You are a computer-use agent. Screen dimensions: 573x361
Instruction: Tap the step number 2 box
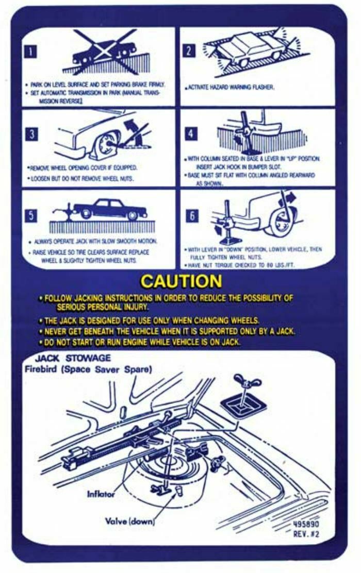coord(190,50)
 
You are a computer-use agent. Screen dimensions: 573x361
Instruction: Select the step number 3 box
coord(32,134)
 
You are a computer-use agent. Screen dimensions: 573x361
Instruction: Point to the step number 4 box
coord(191,134)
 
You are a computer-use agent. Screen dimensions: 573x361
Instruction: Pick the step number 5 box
coord(32,215)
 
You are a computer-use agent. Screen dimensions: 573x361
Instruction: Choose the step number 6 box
coord(190,215)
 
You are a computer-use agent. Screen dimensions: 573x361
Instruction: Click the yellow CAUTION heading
coord(181,281)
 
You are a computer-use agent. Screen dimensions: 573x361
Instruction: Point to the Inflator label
coord(101,494)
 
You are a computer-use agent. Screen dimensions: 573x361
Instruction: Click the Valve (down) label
coord(130,520)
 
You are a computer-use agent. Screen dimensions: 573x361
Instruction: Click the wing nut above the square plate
coord(247,382)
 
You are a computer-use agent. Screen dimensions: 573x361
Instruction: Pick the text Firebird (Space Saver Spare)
coord(88,369)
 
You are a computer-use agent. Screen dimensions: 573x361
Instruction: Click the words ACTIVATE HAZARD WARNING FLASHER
coord(231,88)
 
